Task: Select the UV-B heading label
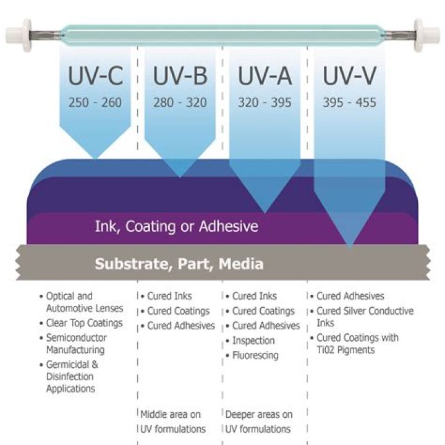click(x=179, y=76)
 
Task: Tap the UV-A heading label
click(x=265, y=76)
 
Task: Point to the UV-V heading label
click(x=349, y=76)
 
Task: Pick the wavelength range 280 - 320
click(x=179, y=103)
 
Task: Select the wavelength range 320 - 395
click(x=265, y=103)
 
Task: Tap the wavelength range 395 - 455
click(x=349, y=103)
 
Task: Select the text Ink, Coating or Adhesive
click(x=176, y=227)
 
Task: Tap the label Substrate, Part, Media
click(x=179, y=264)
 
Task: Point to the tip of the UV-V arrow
click(x=350, y=246)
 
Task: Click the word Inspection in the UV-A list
click(x=253, y=341)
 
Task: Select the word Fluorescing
click(x=255, y=355)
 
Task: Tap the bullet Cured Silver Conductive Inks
click(x=365, y=317)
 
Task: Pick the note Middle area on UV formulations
click(x=173, y=422)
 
